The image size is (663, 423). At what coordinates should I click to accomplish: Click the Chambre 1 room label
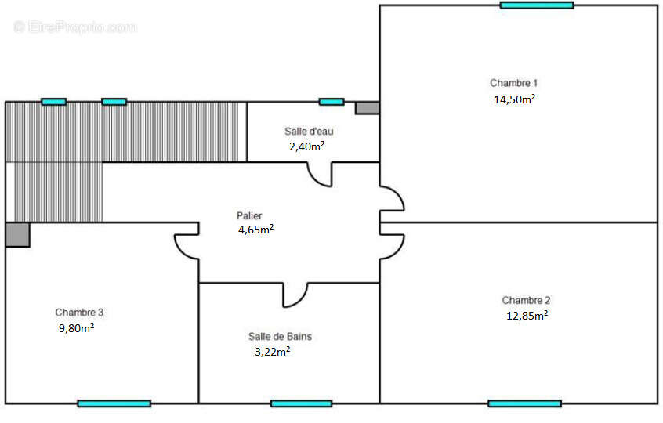[x=513, y=83]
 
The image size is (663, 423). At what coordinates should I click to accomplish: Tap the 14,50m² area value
[x=514, y=99]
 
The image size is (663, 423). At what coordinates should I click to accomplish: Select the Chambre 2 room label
[x=526, y=301]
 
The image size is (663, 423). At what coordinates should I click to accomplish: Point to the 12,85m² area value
[x=527, y=316]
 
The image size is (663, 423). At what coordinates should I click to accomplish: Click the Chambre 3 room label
[x=79, y=313]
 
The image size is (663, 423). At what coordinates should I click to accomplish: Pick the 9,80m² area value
[x=76, y=328]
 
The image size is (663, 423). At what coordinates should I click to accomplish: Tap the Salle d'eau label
[x=309, y=132]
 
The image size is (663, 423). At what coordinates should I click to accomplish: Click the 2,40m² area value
[x=306, y=146]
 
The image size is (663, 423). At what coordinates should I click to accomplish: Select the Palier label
[x=249, y=216]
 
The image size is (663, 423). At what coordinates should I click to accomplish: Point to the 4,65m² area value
[x=255, y=230]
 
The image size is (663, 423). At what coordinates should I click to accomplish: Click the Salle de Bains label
[x=280, y=337]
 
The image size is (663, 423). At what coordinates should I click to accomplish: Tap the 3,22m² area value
[x=272, y=352]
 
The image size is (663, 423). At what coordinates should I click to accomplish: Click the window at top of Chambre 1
[x=537, y=5]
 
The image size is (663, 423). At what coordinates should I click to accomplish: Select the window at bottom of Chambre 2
[x=525, y=403]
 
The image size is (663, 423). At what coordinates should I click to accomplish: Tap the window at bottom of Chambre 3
[x=114, y=403]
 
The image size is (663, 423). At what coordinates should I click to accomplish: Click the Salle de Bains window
[x=301, y=403]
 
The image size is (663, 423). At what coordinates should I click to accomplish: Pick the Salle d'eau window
[x=331, y=102]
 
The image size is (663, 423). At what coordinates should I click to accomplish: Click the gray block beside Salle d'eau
[x=367, y=108]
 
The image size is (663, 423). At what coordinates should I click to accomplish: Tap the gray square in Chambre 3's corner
[x=18, y=235]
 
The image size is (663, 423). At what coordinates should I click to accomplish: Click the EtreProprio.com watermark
[x=74, y=27]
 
